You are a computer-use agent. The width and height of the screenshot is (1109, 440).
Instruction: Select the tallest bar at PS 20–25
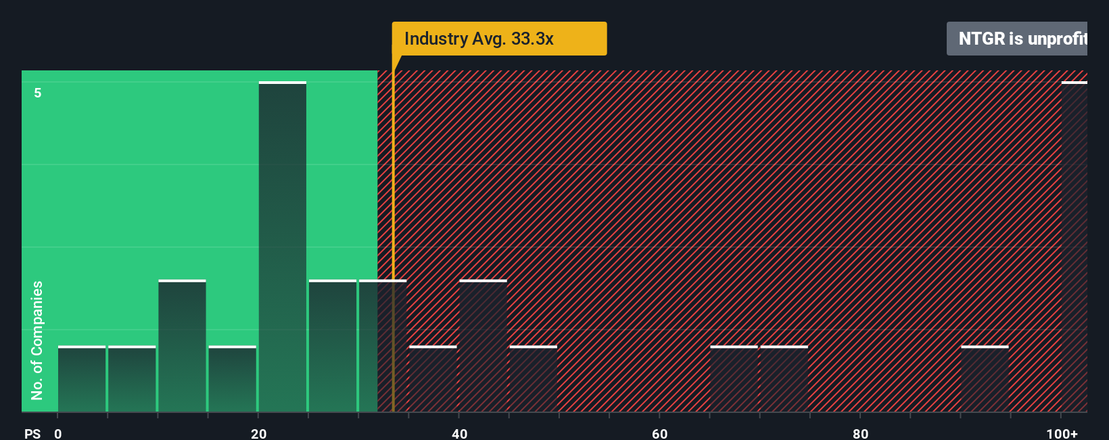pyautogui.click(x=283, y=247)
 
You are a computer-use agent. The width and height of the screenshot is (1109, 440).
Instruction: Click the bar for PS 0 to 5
pyautogui.click(x=82, y=379)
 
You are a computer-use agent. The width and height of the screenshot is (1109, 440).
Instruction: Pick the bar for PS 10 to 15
pyautogui.click(x=182, y=346)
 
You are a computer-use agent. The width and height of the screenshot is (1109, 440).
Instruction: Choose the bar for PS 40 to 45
pyautogui.click(x=483, y=346)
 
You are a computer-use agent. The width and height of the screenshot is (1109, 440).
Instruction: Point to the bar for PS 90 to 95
pyautogui.click(x=985, y=379)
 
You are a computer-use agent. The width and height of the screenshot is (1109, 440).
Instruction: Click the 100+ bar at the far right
pyautogui.click(x=1075, y=247)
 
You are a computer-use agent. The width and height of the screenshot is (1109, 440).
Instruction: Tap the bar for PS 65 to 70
pyautogui.click(x=734, y=379)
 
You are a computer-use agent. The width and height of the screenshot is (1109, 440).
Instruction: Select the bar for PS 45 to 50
pyautogui.click(x=534, y=379)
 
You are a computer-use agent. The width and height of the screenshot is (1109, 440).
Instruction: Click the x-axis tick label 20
pyautogui.click(x=258, y=433)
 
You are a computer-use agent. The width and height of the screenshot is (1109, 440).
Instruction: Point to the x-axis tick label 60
pyautogui.click(x=659, y=433)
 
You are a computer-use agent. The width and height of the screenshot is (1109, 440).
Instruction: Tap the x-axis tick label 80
pyautogui.click(x=860, y=433)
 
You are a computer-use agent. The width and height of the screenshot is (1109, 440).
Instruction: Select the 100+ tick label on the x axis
pyautogui.click(x=1062, y=433)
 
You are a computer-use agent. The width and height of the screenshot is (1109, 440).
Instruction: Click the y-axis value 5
pyautogui.click(x=38, y=93)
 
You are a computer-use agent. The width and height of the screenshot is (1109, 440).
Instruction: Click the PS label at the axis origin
pyautogui.click(x=32, y=433)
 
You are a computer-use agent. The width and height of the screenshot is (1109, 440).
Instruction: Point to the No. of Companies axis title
pyautogui.click(x=37, y=340)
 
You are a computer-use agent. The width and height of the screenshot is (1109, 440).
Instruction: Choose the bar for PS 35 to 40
pyautogui.click(x=433, y=379)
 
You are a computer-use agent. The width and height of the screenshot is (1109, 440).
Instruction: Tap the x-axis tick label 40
pyautogui.click(x=459, y=433)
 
